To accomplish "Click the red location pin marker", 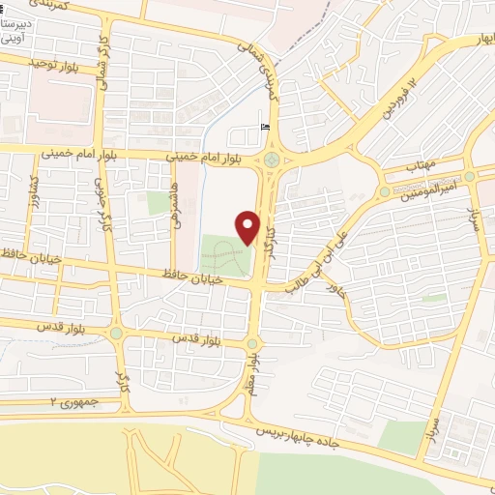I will pos(248,226).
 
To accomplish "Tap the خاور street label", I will pos(335,287).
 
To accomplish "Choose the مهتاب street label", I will pos(422,167).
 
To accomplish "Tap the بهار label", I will pos(477,41).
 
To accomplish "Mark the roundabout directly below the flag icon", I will pos(272,160).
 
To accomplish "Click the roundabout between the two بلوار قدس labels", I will pos(117,334).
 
